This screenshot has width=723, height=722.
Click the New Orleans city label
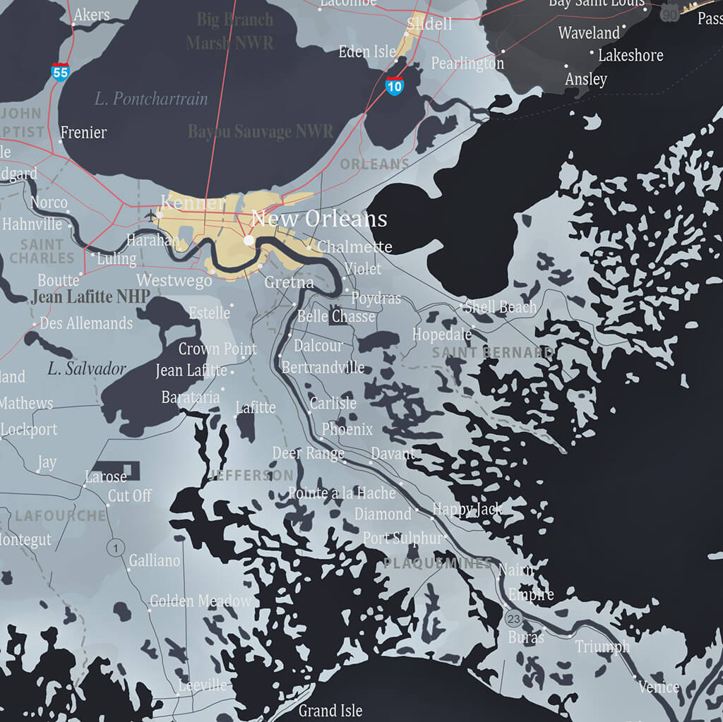(319, 219)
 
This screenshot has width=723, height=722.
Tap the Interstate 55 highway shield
(61, 71)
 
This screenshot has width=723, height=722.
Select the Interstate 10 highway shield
(395, 86)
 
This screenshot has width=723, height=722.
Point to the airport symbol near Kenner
(150, 215)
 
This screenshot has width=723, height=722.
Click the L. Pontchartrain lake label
(151, 99)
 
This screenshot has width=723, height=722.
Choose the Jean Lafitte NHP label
(90, 297)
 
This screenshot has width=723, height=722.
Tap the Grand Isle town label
(330, 711)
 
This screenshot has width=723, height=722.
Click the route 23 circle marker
(513, 620)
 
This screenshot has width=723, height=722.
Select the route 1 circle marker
(115, 548)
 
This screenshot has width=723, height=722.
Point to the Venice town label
(658, 687)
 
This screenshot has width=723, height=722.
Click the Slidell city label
(429, 24)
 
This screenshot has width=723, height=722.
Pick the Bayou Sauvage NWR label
(261, 131)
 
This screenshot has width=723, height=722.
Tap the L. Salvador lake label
(87, 368)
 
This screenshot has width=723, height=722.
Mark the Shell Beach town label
(501, 308)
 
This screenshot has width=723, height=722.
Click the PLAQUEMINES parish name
(438, 563)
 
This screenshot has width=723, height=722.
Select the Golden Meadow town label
(201, 601)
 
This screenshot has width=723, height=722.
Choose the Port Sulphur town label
(402, 539)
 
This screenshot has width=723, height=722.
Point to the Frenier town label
(83, 133)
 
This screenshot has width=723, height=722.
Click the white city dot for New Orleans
(249, 241)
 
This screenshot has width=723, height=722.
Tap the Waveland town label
(589, 33)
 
